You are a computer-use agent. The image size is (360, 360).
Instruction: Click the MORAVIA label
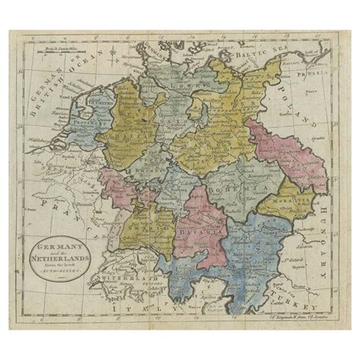pyautogui.click(x=276, y=199)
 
